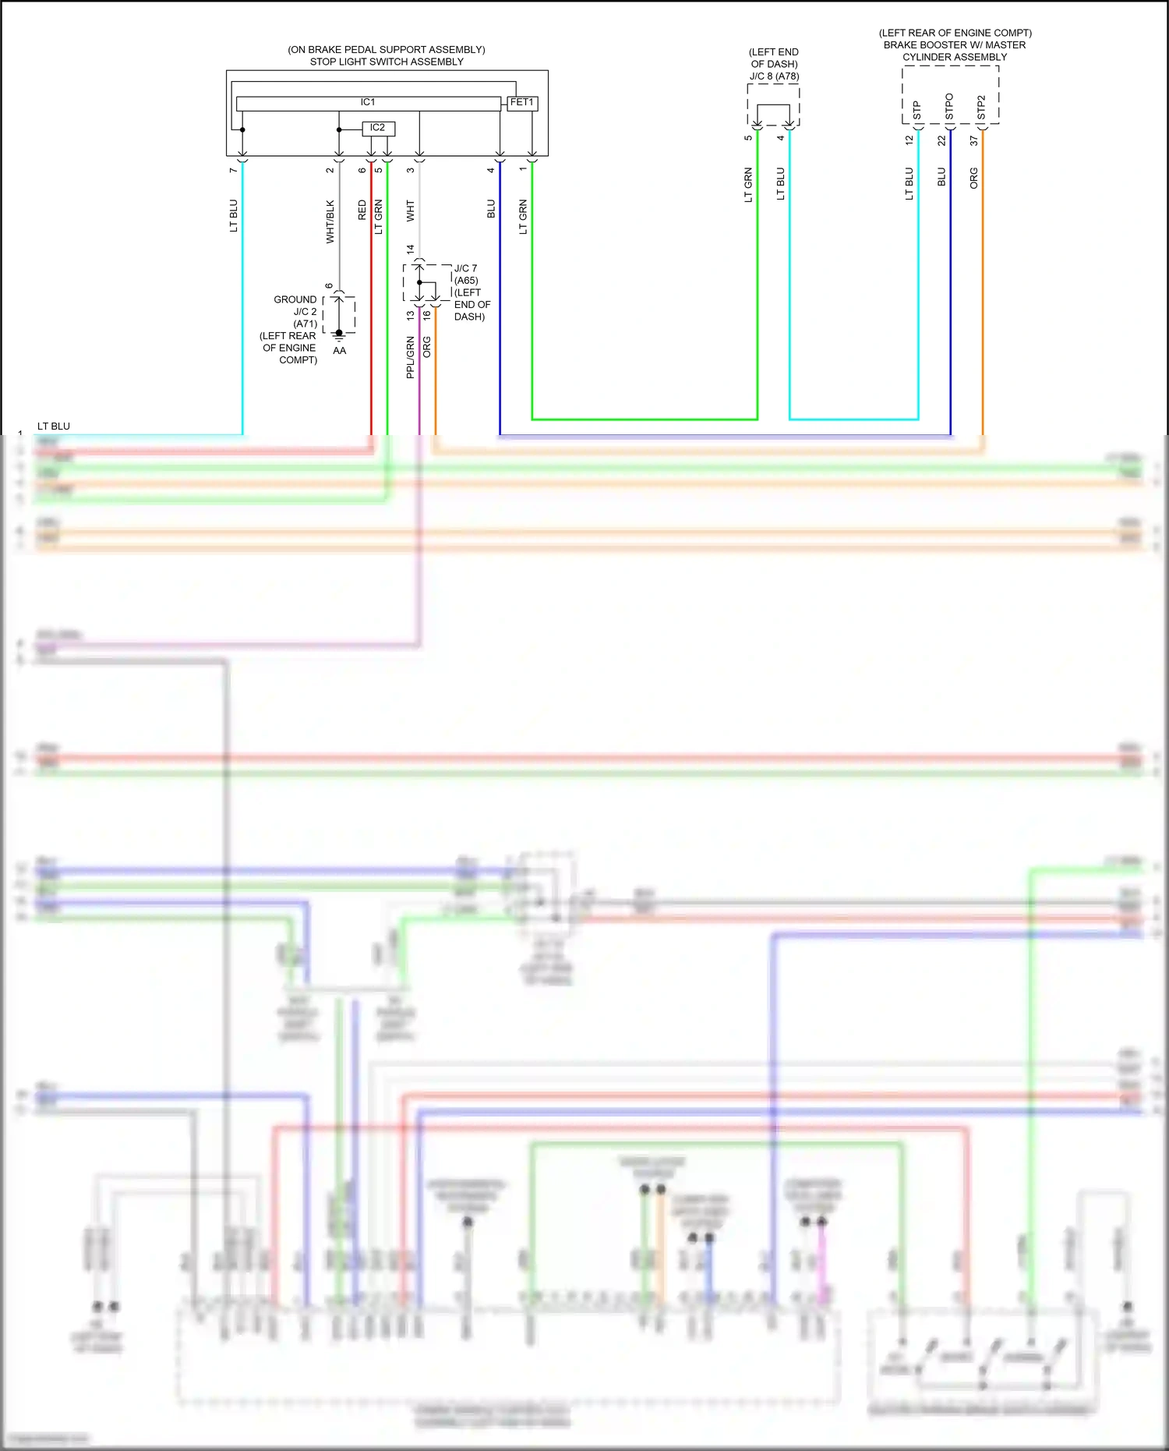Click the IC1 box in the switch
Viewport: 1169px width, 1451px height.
[x=368, y=103]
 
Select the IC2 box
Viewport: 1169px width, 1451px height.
[x=378, y=128]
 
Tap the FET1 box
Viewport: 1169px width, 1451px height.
[x=521, y=103]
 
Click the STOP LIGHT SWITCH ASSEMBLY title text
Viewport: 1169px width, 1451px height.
[x=387, y=62]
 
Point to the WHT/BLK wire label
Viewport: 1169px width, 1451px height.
[x=330, y=222]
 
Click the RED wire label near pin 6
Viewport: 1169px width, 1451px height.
[x=362, y=211]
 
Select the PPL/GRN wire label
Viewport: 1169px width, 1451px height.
[x=410, y=357]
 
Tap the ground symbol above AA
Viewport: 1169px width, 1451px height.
[x=339, y=336]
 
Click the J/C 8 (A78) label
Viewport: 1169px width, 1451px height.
[x=774, y=76]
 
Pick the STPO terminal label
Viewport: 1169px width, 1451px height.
[x=948, y=107]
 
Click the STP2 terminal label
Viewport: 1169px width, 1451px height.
[x=981, y=108]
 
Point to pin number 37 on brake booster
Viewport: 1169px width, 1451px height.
[x=973, y=141]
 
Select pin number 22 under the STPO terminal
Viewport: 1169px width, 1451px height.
[x=941, y=141]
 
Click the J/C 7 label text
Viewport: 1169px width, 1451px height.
[x=465, y=268]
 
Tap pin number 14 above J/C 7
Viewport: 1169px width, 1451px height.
[x=411, y=250]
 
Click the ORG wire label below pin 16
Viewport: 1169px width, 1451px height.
[x=426, y=347]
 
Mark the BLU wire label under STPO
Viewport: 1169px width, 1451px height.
[x=941, y=177]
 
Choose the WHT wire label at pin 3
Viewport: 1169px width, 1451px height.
[x=411, y=211]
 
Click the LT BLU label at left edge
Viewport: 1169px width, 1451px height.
[x=54, y=426]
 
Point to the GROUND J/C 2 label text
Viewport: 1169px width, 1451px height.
[x=295, y=306]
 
